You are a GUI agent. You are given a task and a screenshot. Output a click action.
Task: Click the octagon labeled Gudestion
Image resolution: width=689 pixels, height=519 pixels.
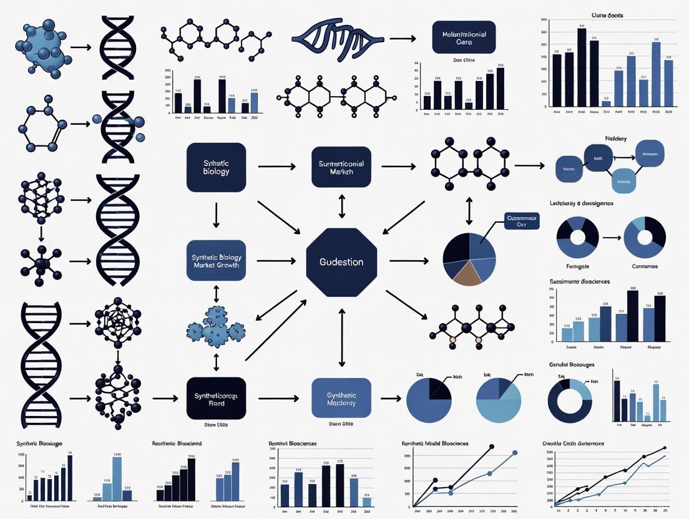coord(342,262)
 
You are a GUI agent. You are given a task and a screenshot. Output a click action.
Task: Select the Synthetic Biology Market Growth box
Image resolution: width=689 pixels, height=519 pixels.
coord(217,261)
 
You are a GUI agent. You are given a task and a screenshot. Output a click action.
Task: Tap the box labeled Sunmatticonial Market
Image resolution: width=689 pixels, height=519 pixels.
coord(341,167)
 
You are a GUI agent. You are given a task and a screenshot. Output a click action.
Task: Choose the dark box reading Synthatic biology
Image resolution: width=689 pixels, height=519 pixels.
coord(217,167)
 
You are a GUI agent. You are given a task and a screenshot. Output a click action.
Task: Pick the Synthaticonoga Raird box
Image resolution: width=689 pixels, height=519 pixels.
coord(217,398)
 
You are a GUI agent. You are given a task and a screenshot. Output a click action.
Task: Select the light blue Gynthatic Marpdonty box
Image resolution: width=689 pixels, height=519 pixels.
coord(341,398)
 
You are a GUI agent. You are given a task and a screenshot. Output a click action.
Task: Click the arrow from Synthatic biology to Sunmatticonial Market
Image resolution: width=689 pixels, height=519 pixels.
coord(276,167)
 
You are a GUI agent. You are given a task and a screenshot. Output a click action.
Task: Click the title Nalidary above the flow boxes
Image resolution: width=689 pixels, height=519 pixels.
coord(615,138)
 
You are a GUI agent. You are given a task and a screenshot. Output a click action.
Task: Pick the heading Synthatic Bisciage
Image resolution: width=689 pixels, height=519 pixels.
coord(38,444)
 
